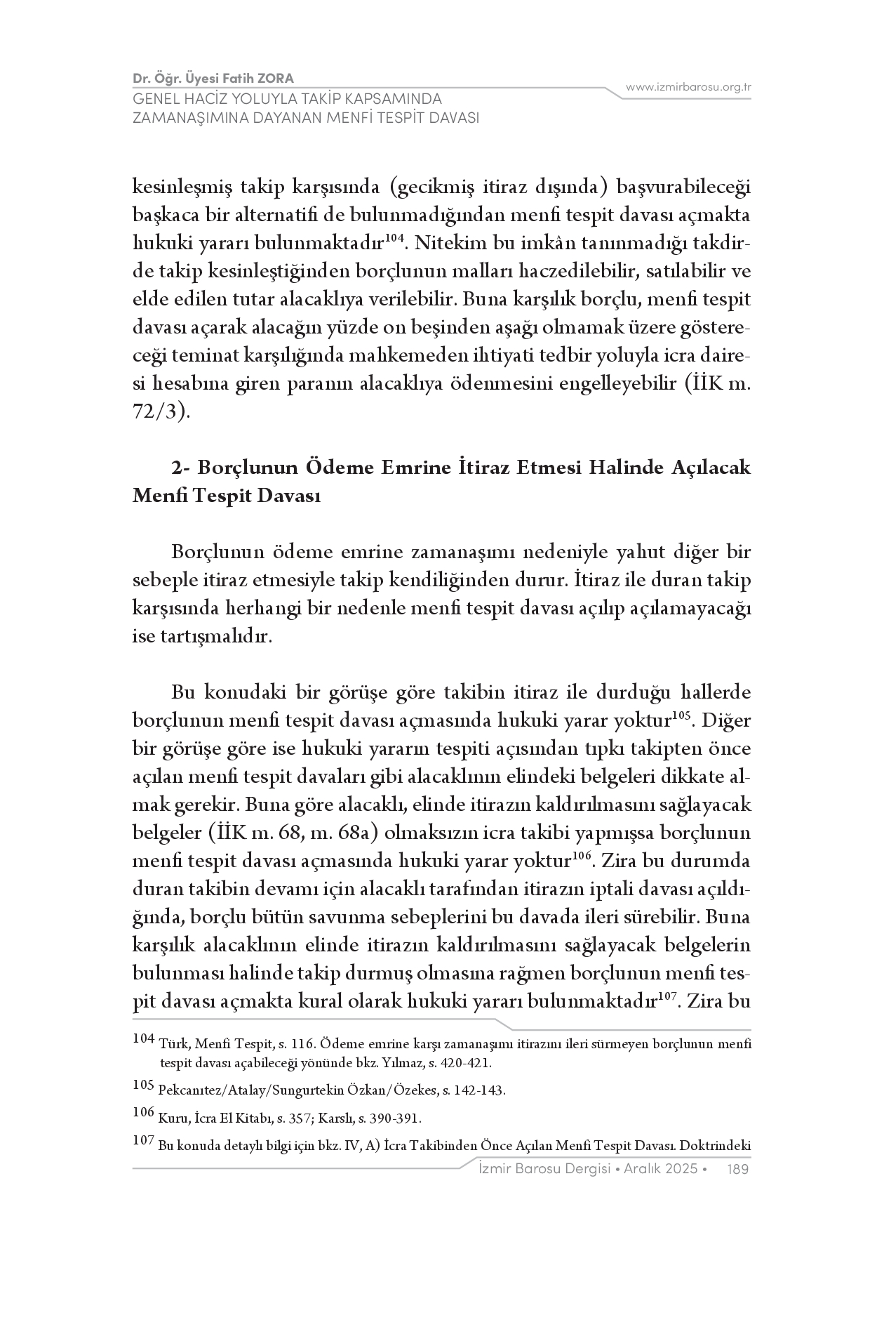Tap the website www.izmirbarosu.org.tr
[688, 87]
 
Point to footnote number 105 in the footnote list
[143, 1085]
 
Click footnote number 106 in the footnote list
[143, 1113]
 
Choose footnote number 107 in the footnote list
[143, 1141]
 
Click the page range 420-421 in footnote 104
[465, 1063]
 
